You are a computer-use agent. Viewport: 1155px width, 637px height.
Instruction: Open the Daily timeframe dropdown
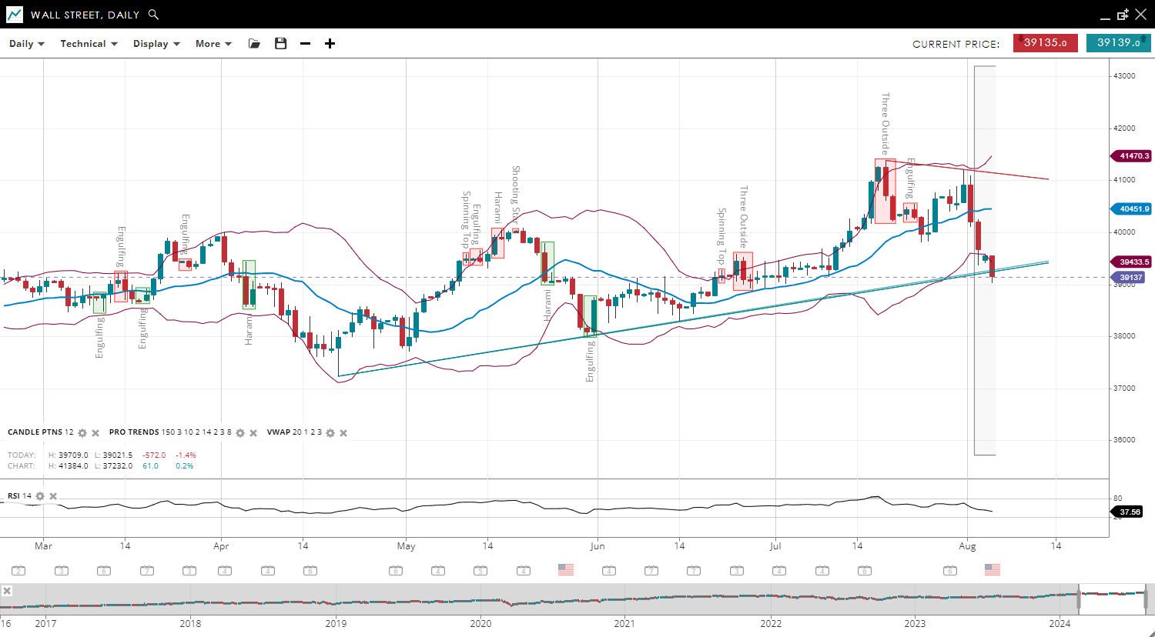[x=27, y=44]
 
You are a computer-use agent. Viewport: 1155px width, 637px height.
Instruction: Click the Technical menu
[x=89, y=44]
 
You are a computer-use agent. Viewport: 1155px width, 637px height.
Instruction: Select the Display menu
[x=156, y=44]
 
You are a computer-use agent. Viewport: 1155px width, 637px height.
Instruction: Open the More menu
[x=213, y=44]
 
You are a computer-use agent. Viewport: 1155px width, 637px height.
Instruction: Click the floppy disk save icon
[x=280, y=44]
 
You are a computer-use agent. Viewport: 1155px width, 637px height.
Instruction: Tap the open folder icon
[x=254, y=44]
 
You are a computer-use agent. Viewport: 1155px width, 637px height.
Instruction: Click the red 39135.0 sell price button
[x=1045, y=43]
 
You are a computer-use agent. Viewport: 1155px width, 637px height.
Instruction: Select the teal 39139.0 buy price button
[x=1118, y=43]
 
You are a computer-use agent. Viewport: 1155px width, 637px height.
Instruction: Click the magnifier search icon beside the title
[x=153, y=15]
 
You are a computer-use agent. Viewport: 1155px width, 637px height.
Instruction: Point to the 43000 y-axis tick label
[x=1124, y=76]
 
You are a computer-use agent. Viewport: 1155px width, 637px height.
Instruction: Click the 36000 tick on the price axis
[x=1124, y=440]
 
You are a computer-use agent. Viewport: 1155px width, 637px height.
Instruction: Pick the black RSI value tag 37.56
[x=1130, y=512]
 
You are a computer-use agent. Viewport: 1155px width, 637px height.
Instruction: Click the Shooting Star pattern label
[x=516, y=192]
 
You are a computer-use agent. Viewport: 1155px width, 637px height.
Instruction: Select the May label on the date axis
[x=406, y=546]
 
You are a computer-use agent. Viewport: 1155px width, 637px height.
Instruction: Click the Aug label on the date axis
[x=967, y=546]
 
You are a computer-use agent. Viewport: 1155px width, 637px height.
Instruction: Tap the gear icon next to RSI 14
[x=40, y=496]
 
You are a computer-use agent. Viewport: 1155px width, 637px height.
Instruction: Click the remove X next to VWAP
[x=343, y=433]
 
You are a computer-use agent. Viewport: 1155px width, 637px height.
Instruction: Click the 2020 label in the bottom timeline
[x=480, y=623]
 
